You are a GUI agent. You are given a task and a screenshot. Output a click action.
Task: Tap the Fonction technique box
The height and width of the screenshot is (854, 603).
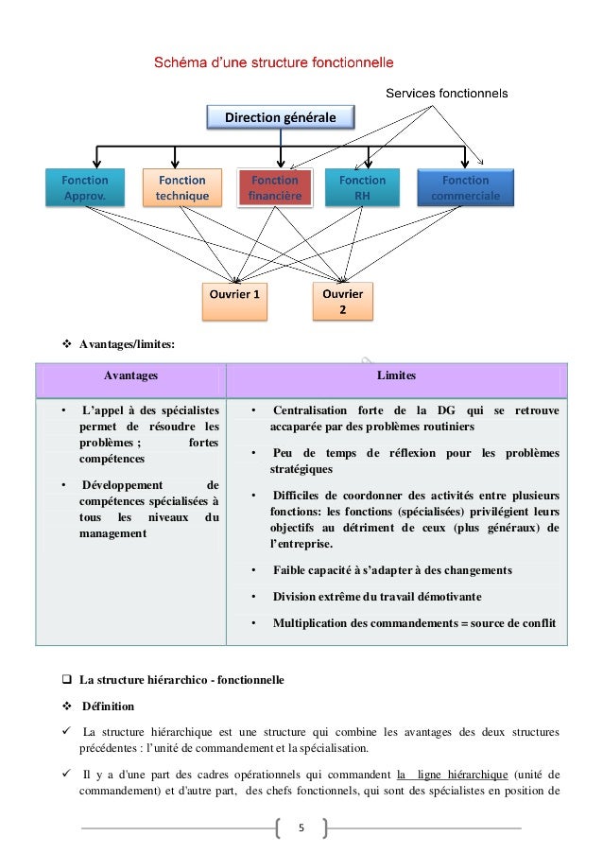pos(182,187)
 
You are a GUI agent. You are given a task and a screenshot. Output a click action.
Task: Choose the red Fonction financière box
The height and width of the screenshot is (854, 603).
pos(275,187)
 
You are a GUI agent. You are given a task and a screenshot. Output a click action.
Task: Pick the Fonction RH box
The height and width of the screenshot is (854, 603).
pos(363,187)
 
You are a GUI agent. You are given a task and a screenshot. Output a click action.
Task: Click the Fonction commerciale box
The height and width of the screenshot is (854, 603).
pos(465,187)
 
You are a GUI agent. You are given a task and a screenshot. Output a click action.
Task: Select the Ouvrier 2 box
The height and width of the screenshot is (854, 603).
pos(343,301)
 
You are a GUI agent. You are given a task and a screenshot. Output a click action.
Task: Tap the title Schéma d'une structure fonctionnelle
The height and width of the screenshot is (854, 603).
pos(274,63)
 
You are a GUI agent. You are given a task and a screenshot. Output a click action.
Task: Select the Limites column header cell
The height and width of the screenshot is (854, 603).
pos(396,376)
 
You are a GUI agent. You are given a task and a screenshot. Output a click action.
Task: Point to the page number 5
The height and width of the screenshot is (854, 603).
pos(301,829)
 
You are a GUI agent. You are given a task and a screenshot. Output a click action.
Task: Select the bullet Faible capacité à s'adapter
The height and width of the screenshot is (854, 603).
pos(392,570)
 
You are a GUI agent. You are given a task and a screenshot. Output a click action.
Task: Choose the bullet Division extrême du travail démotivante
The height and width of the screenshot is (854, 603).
pos(376,597)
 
